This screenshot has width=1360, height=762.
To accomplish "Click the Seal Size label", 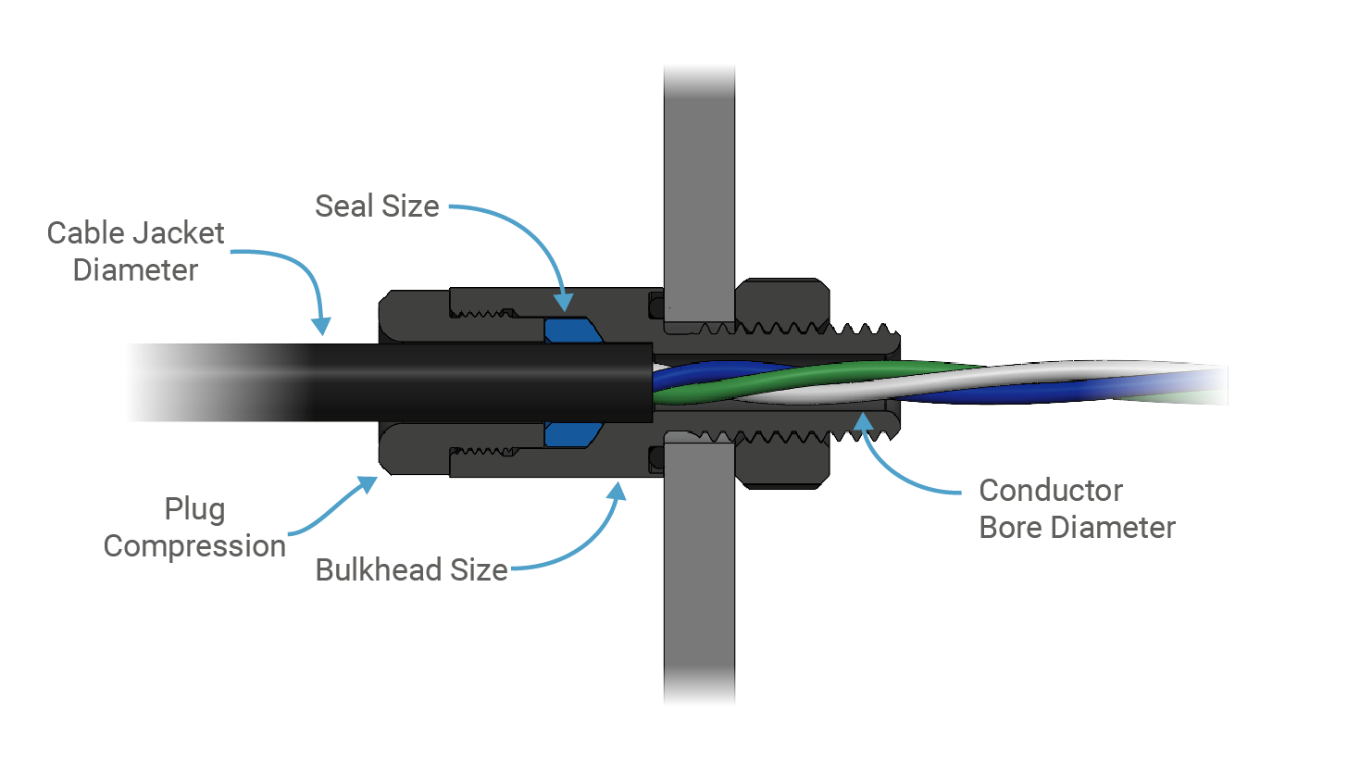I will point(377,206).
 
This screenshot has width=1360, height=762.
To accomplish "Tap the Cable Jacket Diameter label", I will point(135,251).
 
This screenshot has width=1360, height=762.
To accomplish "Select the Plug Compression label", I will point(194,528).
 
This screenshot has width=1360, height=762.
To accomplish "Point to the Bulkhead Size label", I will point(411,569).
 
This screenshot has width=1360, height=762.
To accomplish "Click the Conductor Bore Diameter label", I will point(1077,508).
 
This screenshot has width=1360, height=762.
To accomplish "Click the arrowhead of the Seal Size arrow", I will point(563,303).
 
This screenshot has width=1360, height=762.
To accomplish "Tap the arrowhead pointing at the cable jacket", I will point(321,326).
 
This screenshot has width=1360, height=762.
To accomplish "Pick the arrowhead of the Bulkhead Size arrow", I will point(617,491).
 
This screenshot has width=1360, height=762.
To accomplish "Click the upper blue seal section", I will point(569,331).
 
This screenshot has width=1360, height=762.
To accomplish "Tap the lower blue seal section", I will point(569,434).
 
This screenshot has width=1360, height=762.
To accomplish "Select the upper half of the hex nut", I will point(782,301).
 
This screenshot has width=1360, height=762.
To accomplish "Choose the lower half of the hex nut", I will point(782,463).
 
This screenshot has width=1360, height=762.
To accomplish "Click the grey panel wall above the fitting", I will point(699,185).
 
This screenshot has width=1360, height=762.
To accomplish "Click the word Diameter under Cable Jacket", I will point(135,270).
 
